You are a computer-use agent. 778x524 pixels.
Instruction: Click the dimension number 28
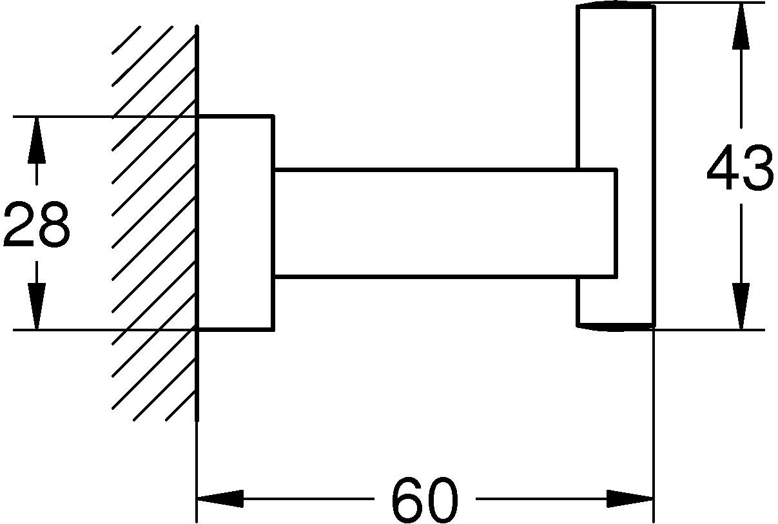click(x=36, y=224)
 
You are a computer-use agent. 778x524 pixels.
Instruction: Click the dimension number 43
click(x=739, y=169)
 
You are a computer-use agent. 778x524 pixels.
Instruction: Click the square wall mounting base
click(x=235, y=223)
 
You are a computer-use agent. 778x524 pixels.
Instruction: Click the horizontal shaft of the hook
click(x=425, y=223)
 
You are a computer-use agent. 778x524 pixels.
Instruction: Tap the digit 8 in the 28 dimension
click(x=53, y=224)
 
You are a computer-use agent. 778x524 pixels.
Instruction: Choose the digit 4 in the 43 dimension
click(x=723, y=169)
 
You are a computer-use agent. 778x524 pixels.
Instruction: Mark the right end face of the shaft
click(x=617, y=223)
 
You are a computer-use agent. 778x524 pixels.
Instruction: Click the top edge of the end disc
click(x=616, y=6)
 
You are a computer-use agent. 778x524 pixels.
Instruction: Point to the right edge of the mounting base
click(x=274, y=223)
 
